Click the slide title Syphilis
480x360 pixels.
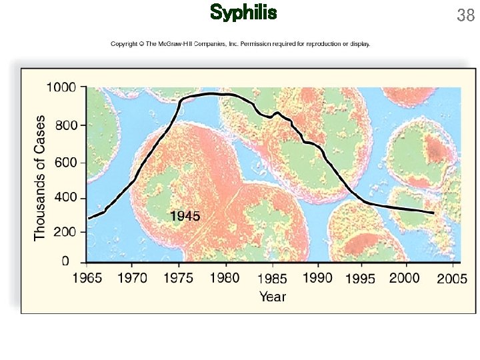[243, 13]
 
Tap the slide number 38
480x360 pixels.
[465, 15]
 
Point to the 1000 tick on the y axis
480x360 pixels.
[62, 87]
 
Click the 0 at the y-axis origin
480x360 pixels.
[65, 261]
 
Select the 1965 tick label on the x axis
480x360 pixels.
[87, 278]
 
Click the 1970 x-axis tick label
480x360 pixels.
[132, 278]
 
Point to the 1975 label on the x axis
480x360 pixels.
[179, 278]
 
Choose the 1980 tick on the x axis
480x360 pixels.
[225, 278]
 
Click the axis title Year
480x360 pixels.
[272, 296]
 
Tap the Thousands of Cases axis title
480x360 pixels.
[41, 178]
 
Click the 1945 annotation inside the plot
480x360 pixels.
[185, 215]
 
